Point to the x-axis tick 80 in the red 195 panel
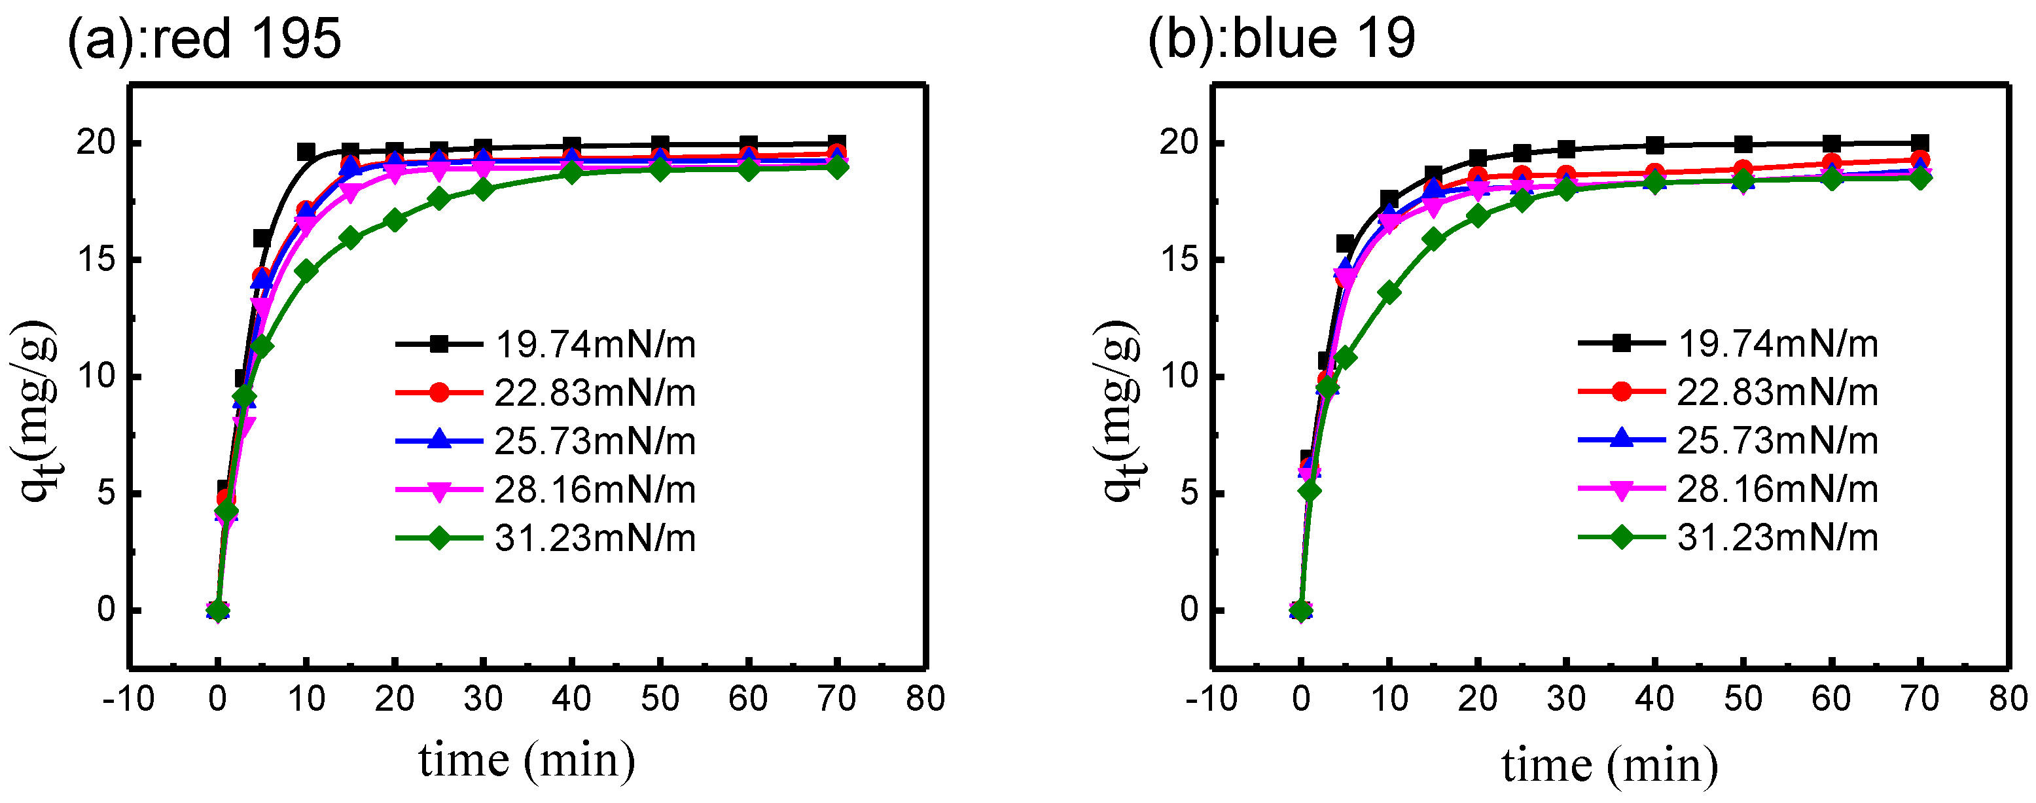[x=925, y=699]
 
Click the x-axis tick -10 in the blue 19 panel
[x=1211, y=699]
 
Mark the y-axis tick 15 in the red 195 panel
[x=96, y=260]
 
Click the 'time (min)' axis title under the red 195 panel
[x=526, y=760]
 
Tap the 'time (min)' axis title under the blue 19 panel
[x=1610, y=765]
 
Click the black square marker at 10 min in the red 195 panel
[x=306, y=152]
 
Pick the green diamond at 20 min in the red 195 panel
[x=395, y=221]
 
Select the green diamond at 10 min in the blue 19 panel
[x=1389, y=293]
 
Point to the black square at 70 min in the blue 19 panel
[x=1920, y=143]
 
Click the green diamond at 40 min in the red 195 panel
[x=571, y=171]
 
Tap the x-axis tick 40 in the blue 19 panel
[x=1654, y=699]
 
